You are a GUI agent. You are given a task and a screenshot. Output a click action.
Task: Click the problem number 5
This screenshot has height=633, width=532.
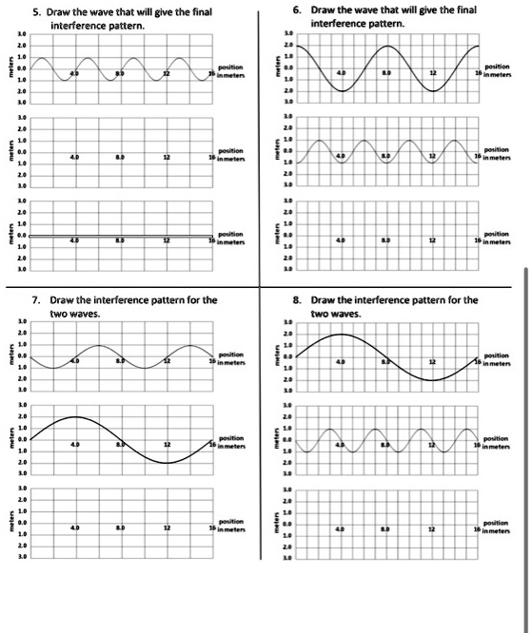[34, 12]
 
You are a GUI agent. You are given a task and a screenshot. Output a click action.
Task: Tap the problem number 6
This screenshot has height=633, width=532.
[298, 9]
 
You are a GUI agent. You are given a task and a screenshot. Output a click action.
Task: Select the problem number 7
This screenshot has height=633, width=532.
[35, 300]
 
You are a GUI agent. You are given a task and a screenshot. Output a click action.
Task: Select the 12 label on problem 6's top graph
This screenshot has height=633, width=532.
[432, 74]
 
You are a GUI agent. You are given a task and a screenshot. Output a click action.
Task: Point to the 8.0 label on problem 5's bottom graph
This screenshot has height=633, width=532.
[120, 242]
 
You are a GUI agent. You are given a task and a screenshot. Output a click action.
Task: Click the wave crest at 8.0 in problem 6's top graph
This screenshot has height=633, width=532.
[387, 46]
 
